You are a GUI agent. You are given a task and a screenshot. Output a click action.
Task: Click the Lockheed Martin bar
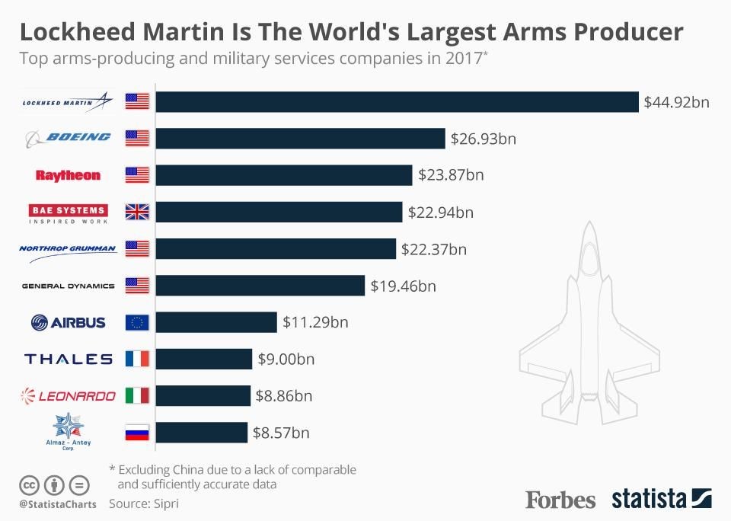coord(397,102)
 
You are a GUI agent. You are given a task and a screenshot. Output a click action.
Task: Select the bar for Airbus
coord(216,322)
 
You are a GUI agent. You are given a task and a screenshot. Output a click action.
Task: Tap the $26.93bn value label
coord(484,139)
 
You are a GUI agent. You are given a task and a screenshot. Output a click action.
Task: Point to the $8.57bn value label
coord(282,433)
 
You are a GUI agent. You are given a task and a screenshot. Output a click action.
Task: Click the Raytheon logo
coord(68,175)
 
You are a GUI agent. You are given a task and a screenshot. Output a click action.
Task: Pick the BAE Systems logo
coord(68,213)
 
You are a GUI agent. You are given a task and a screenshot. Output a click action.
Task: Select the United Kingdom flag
coord(137,212)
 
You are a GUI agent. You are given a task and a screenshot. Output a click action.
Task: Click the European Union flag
coord(137,322)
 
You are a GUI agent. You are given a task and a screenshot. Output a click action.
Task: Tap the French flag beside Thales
coord(137,359)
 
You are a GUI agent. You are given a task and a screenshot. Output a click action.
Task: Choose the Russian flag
coord(137,433)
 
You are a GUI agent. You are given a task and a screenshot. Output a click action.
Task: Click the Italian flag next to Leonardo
coord(137,395)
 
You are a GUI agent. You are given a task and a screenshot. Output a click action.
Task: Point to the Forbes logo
coord(560,500)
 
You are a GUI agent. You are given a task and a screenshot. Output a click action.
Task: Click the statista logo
coord(661,499)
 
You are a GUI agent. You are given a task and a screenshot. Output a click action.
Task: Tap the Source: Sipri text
coord(145,503)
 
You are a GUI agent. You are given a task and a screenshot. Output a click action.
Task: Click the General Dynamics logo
coord(68,286)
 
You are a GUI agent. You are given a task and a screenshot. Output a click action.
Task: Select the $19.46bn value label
coord(403,286)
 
